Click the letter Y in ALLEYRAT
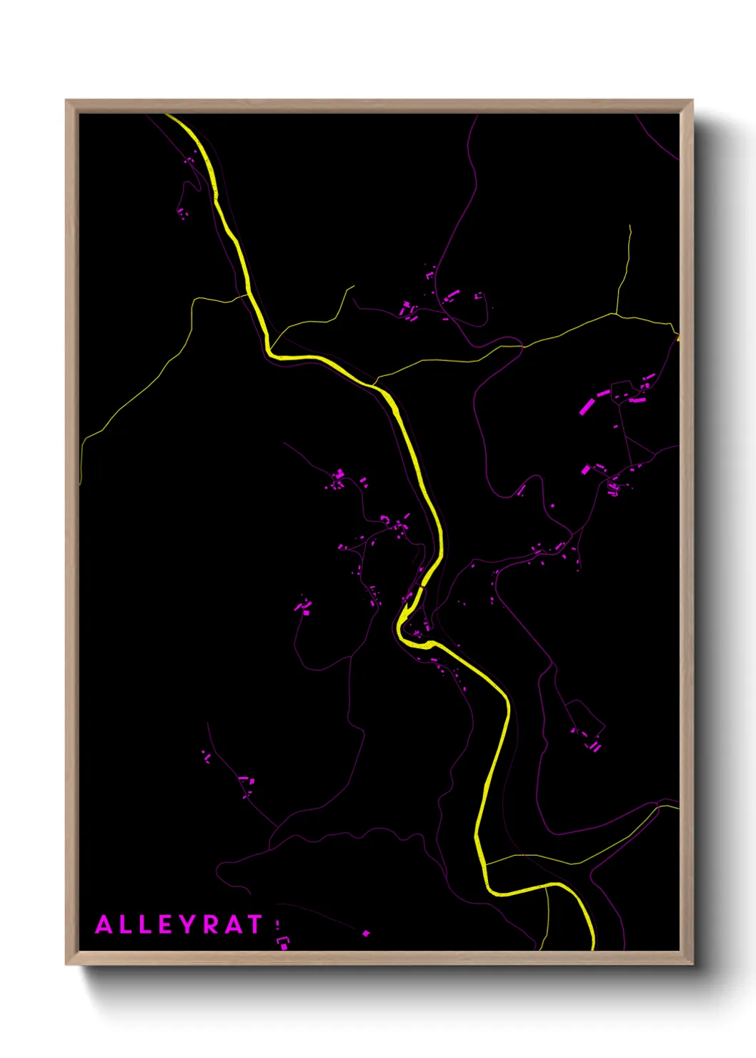(185, 924)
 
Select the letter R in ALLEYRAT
(208, 924)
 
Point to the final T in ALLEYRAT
(254, 924)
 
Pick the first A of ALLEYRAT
(104, 924)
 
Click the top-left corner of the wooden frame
(66, 101)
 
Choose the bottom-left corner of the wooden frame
(66, 964)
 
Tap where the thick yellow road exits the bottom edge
(592, 949)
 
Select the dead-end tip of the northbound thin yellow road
(630, 226)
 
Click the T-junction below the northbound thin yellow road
(615, 313)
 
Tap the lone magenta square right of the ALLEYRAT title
(366, 933)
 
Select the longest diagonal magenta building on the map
(587, 406)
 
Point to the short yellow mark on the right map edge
(677, 337)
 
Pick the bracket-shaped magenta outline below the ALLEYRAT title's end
(282, 942)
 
